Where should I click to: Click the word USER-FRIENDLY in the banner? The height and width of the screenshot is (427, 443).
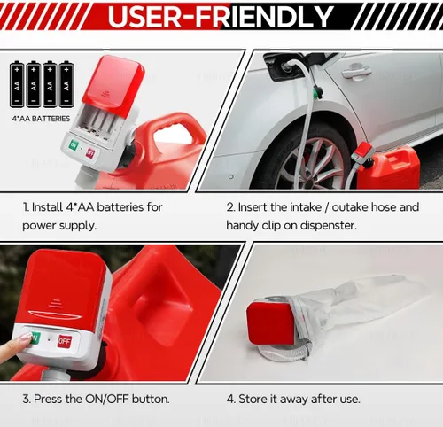click(221, 16)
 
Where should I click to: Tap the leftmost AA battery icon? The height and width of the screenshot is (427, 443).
click(17, 84)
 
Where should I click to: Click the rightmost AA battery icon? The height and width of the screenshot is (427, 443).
click(66, 84)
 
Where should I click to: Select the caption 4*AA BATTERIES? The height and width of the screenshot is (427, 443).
click(41, 119)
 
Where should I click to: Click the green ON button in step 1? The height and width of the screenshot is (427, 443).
click(74, 145)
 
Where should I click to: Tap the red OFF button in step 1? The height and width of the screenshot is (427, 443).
click(90, 152)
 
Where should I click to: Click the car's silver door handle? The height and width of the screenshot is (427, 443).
click(356, 73)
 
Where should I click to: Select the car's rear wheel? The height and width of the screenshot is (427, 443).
click(313, 161)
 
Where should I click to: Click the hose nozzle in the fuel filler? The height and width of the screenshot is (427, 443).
click(287, 66)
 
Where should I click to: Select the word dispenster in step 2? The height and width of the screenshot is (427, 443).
click(329, 226)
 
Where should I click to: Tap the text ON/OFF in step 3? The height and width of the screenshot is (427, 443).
click(107, 400)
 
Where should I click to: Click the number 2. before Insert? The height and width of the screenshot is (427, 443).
click(230, 207)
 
